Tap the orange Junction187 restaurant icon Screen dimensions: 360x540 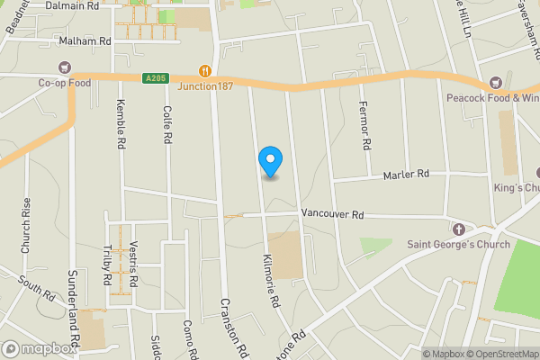(x=205, y=70)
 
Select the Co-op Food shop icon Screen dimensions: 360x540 (x=65, y=67)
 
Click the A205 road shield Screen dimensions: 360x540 (x=155, y=78)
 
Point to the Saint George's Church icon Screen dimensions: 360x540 (x=457, y=229)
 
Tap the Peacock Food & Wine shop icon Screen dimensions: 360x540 (x=494, y=83)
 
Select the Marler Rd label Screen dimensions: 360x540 (x=407, y=174)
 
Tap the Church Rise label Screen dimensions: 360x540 (x=26, y=232)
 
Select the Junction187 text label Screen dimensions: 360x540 (x=205, y=85)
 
